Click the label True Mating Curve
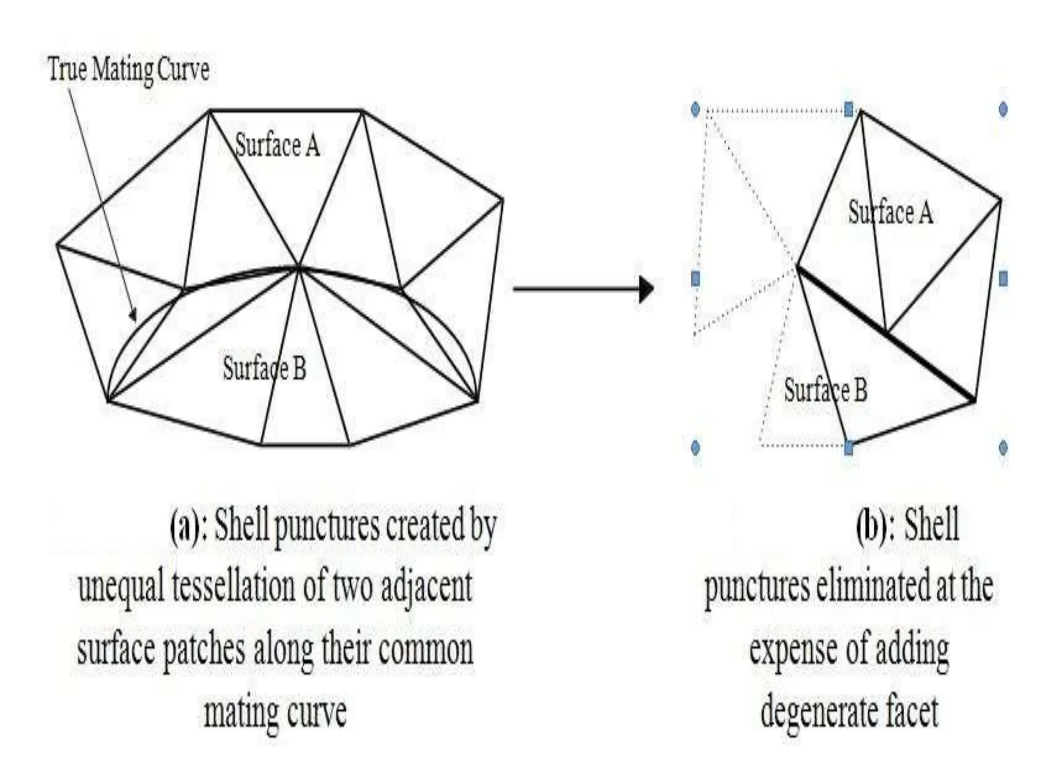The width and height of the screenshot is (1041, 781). (129, 70)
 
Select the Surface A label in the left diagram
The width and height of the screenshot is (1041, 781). (278, 146)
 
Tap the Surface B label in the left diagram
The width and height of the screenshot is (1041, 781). (264, 368)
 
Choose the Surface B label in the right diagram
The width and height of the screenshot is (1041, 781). (825, 390)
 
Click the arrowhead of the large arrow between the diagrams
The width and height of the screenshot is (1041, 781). (646, 289)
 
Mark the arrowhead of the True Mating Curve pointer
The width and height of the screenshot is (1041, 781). (133, 315)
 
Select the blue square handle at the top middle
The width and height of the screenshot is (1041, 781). (848, 109)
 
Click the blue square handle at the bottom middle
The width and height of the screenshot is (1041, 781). (848, 448)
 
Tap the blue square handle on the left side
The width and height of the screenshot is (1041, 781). (696, 279)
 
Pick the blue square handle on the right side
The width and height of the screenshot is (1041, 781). (1003, 279)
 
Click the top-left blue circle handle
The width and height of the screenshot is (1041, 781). (696, 109)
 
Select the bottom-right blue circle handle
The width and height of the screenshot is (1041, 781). (1003, 448)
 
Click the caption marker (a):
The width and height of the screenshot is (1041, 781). (188, 526)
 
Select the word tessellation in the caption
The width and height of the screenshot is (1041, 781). (233, 587)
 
